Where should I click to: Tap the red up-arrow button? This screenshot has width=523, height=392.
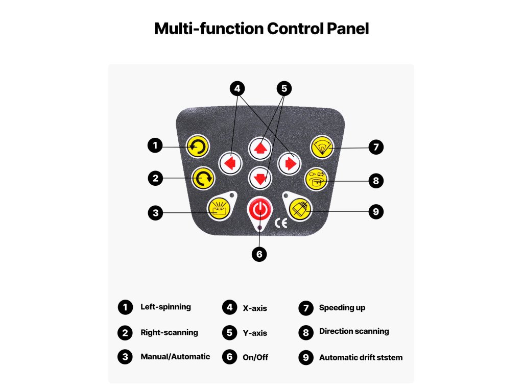click(x=260, y=148)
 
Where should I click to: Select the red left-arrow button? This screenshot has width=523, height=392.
click(x=229, y=163)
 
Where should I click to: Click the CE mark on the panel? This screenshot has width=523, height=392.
click(x=281, y=223)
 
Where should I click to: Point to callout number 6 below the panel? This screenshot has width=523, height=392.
click(x=260, y=254)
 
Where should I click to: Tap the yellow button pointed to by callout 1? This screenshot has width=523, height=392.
click(x=197, y=147)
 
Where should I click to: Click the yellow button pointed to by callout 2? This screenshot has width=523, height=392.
click(x=203, y=179)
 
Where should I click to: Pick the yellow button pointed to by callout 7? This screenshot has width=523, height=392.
click(x=322, y=147)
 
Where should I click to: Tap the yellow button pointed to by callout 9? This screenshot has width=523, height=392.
click(x=300, y=208)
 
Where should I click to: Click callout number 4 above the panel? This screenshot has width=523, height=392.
click(x=236, y=88)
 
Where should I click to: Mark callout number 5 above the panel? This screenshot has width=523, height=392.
click(x=284, y=88)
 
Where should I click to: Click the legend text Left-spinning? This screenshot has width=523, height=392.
click(x=165, y=307)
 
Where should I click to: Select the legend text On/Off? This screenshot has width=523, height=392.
click(x=255, y=357)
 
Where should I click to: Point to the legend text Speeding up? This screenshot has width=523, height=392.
click(x=342, y=308)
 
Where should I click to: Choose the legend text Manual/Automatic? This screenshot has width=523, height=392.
click(x=175, y=357)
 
